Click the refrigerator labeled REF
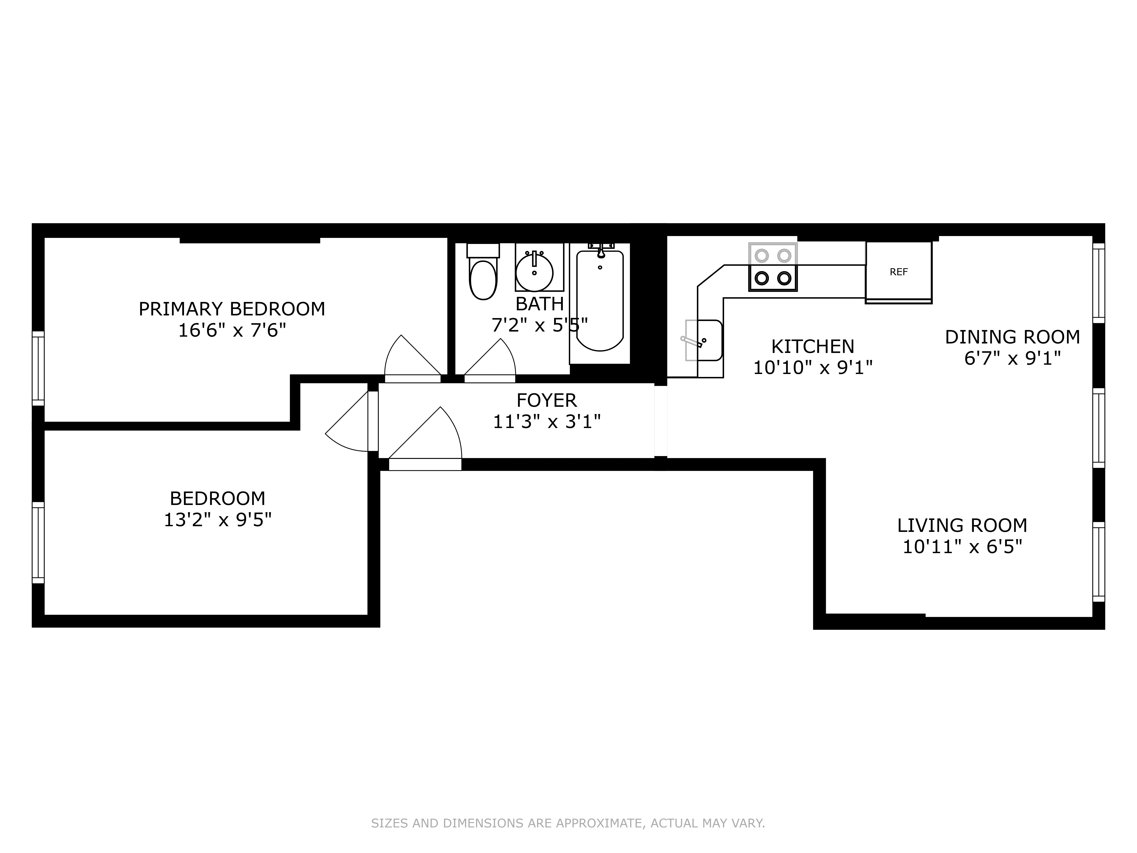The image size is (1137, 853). pyautogui.click(x=898, y=271)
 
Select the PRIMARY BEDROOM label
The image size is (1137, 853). pyautogui.click(x=232, y=308)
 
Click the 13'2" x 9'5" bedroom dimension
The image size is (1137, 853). pyautogui.click(x=217, y=520)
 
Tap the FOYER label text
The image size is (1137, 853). pyautogui.click(x=546, y=400)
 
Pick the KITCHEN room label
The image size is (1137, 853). pyautogui.click(x=813, y=347)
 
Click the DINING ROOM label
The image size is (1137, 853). pyautogui.click(x=1012, y=337)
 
